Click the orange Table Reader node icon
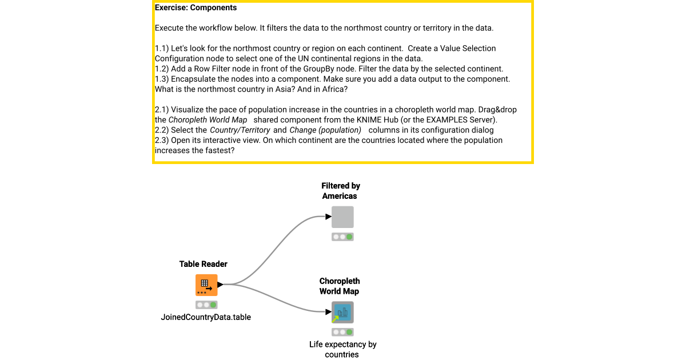coord(206,285)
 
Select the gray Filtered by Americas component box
coord(342,217)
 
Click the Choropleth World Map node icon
coord(342,313)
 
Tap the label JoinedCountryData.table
coord(206,317)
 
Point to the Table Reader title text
coord(203,264)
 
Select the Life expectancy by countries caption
coord(342,349)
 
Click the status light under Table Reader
coord(206,305)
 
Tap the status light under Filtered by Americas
coord(342,237)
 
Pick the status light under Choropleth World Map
coord(342,332)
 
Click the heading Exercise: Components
coord(196,8)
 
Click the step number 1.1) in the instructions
coord(162,48)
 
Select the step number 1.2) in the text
coord(162,69)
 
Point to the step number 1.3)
coord(162,79)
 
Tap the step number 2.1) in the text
coord(162,109)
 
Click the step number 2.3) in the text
coord(162,140)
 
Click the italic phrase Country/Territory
coord(240,130)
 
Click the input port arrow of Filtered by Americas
coord(328,217)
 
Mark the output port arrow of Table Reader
coord(221,284)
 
